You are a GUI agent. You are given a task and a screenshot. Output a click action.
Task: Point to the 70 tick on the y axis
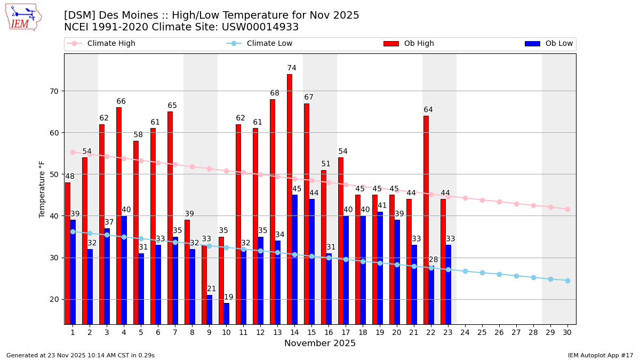pyautogui.click(x=54, y=91)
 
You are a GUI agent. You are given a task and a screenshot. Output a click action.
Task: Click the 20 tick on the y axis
pyautogui.click(x=54, y=299)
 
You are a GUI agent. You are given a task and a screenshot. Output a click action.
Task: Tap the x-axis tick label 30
pyautogui.click(x=567, y=332)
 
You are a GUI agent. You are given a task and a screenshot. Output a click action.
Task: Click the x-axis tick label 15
pyautogui.click(x=311, y=332)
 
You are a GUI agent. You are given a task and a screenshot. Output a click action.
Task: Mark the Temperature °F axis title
pyautogui.click(x=42, y=189)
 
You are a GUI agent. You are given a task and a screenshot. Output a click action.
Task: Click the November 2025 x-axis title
pyautogui.click(x=320, y=343)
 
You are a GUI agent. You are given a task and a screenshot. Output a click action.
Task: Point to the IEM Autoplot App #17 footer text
pyautogui.click(x=601, y=355)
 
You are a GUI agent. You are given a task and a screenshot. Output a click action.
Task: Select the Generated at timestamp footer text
pyautogui.click(x=81, y=355)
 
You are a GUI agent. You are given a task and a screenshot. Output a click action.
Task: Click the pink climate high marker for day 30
pyautogui.click(x=567, y=209)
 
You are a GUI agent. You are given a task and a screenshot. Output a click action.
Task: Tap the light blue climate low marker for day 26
pyautogui.click(x=499, y=274)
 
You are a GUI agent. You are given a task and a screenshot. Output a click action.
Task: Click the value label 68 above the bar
pyautogui.click(x=275, y=93)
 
